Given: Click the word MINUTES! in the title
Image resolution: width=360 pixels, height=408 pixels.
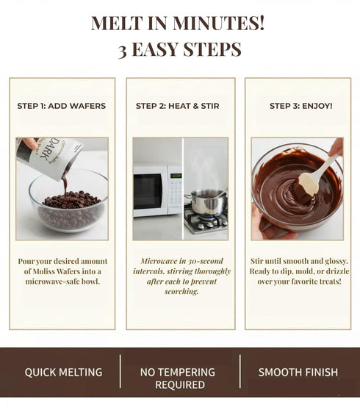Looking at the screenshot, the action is (x=218, y=23).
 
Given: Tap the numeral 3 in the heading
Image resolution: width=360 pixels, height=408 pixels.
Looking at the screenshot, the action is (x=123, y=51).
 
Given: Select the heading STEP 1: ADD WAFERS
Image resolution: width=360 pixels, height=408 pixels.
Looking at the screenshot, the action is (x=62, y=106).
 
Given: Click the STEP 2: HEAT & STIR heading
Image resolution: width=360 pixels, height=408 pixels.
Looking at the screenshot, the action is (x=178, y=106).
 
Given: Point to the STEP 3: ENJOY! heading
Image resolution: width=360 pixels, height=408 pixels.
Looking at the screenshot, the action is (x=301, y=106).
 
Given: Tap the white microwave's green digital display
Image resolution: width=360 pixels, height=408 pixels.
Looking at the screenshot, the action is (x=176, y=176).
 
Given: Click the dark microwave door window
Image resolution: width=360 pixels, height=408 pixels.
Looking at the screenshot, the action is (x=148, y=191).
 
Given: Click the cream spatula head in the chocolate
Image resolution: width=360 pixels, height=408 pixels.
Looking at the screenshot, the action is (x=309, y=185).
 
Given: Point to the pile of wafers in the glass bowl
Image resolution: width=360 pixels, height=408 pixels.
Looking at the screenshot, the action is (x=71, y=200).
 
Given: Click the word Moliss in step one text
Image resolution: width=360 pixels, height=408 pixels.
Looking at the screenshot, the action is (x=43, y=271).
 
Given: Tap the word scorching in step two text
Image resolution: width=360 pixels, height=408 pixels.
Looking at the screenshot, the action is (x=181, y=291).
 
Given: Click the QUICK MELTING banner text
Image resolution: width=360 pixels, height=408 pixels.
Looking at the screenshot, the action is (x=63, y=373).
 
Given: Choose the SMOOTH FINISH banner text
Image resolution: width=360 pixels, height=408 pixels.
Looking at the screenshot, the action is (x=298, y=373).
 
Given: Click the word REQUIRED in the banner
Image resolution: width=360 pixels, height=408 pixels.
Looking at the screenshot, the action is (x=180, y=384).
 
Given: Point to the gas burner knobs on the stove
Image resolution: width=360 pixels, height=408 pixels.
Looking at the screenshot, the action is (x=211, y=226).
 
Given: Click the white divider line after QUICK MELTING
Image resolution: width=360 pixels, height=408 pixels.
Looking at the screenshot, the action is (x=120, y=371).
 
